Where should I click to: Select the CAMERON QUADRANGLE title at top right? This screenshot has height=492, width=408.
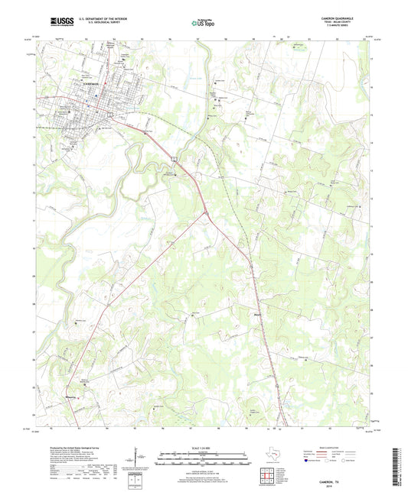(x=340, y=19)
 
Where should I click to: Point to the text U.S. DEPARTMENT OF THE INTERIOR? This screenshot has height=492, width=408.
(x=98, y=20)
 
